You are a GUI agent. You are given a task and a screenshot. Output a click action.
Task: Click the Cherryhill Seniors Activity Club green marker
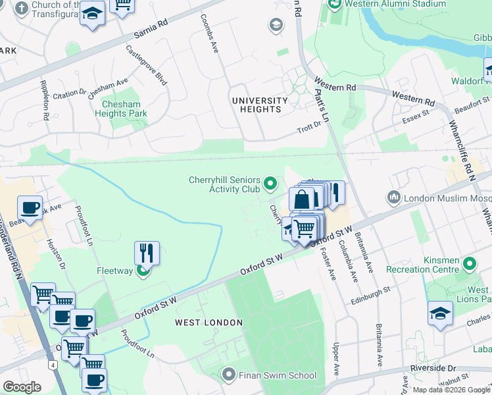(270, 183)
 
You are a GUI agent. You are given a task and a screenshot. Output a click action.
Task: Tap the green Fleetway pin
(143, 271)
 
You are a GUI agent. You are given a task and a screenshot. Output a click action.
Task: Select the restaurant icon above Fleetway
(147, 252)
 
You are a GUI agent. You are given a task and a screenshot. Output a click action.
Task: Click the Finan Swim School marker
(229, 375)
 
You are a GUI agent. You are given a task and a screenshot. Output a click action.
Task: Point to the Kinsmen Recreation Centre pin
(469, 264)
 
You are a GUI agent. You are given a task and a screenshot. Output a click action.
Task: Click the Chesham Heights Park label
(124, 109)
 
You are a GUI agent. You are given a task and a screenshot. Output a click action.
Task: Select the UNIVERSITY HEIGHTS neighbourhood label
(260, 105)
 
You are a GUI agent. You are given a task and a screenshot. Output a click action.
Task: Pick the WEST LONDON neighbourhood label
(209, 323)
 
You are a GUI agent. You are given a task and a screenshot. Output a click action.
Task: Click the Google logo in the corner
(22, 387)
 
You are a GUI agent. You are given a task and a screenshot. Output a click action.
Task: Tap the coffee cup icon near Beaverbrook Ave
(30, 207)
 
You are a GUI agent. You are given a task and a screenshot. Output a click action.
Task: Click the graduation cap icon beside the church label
(93, 14)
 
